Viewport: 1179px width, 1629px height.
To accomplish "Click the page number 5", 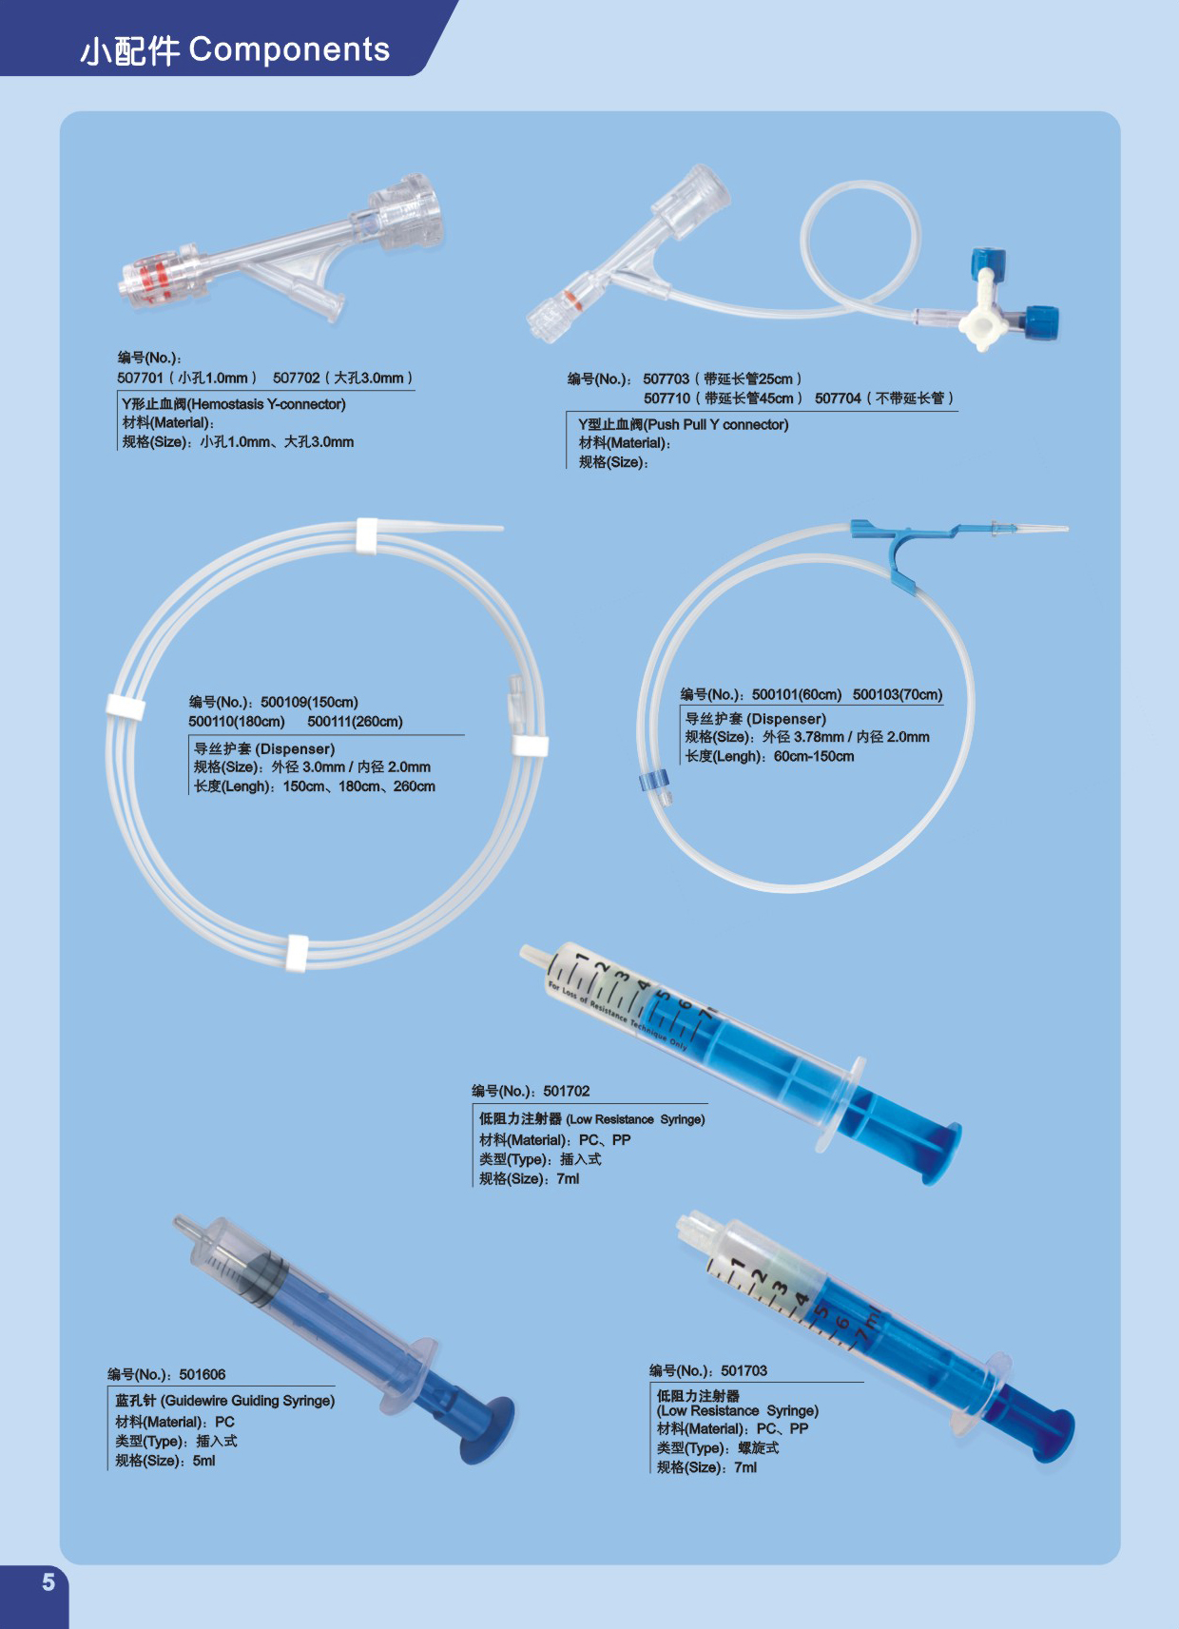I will click(48, 1582).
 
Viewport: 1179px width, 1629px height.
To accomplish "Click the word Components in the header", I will click(289, 49).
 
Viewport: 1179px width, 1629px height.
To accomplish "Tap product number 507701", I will click(141, 378).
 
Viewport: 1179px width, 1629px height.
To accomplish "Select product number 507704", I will click(838, 398).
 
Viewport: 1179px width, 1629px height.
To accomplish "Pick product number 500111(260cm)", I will click(355, 723).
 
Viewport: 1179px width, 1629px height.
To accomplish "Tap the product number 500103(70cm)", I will click(897, 695).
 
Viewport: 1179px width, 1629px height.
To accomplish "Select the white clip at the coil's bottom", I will click(298, 953).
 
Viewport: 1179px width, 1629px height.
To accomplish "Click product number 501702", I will click(567, 1092).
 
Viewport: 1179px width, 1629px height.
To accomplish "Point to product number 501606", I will click(203, 1375).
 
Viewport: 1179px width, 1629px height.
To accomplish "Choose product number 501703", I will click(744, 1371).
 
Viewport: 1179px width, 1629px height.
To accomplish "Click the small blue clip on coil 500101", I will click(653, 783).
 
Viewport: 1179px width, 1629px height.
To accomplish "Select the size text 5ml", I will click(204, 1462).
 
